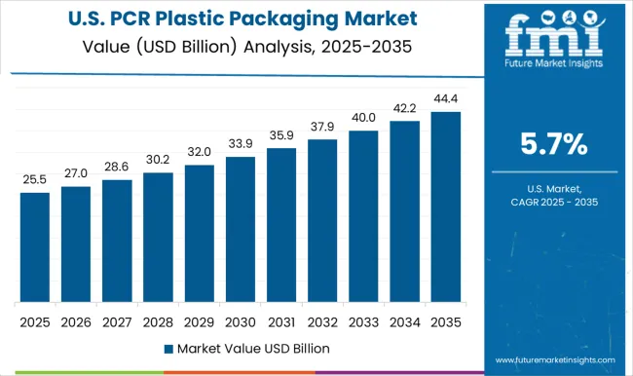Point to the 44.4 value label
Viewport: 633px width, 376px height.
pyautogui.click(x=446, y=99)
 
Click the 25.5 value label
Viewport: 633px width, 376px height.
pyautogui.click(x=35, y=180)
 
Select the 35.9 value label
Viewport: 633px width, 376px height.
pyautogui.click(x=281, y=135)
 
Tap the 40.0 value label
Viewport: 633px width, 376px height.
pyautogui.click(x=364, y=118)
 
